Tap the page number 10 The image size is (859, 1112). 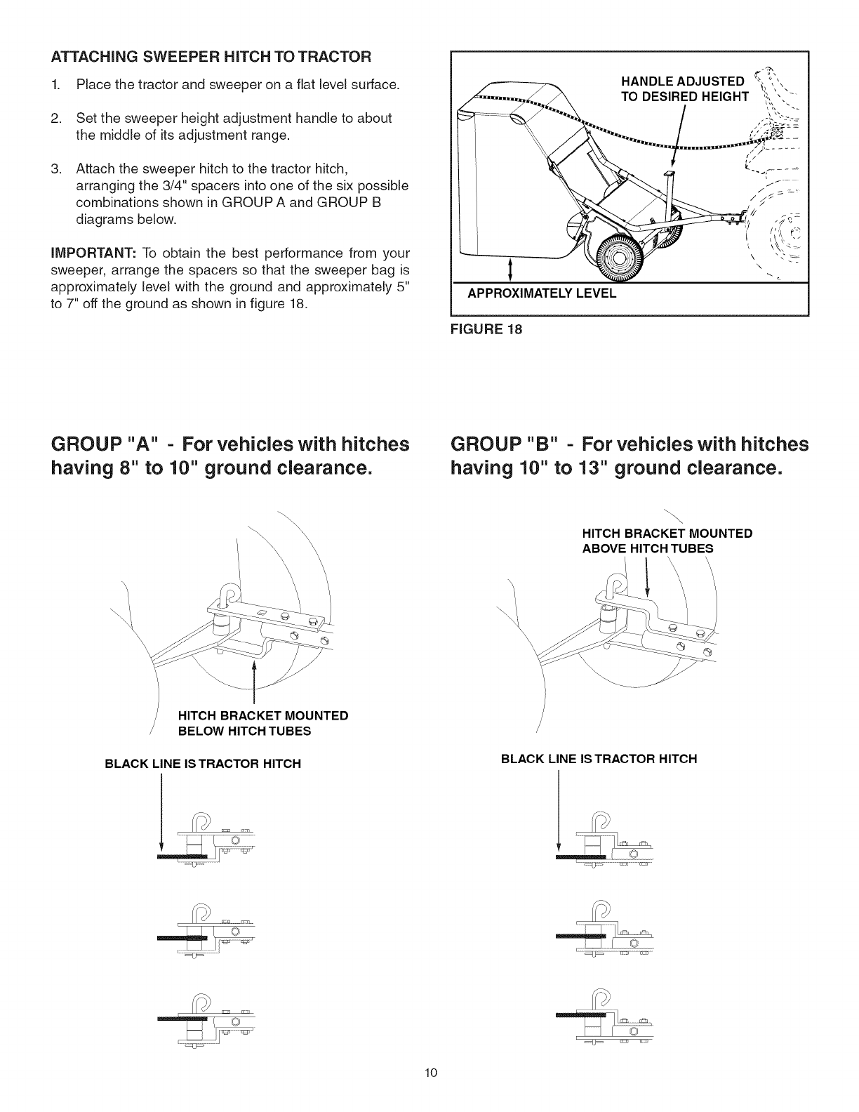(x=430, y=1092)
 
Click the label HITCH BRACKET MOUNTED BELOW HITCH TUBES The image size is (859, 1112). (x=263, y=723)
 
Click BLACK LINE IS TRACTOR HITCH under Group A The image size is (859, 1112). (x=203, y=763)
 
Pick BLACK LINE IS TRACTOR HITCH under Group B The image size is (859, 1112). (x=599, y=759)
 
